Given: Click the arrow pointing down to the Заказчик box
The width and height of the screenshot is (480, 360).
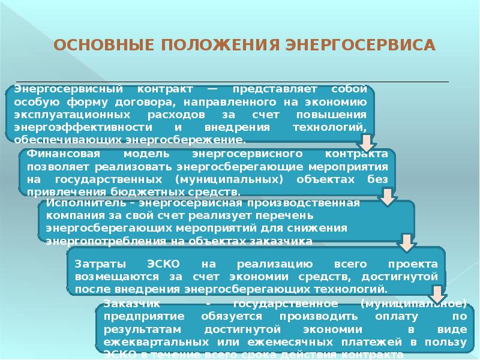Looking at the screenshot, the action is coord(436,293).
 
